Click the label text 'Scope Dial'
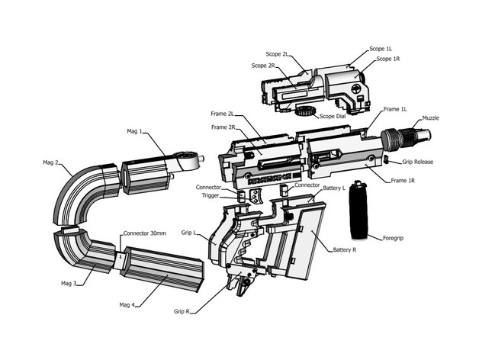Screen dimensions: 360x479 click(333, 116)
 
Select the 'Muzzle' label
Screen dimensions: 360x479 click(431, 118)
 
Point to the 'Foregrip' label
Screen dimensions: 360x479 click(394, 238)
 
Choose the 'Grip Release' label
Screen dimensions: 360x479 click(418, 162)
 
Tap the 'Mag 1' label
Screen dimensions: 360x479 click(135, 131)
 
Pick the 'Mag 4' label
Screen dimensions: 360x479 click(127, 305)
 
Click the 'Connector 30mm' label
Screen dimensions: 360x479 click(144, 233)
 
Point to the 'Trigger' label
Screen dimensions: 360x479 click(210, 195)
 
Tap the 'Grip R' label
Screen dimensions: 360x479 click(182, 311)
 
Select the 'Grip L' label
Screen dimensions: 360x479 click(188, 231)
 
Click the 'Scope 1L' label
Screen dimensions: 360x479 click(381, 49)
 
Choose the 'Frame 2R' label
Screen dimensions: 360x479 click(222, 127)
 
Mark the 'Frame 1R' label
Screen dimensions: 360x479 click(403, 180)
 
